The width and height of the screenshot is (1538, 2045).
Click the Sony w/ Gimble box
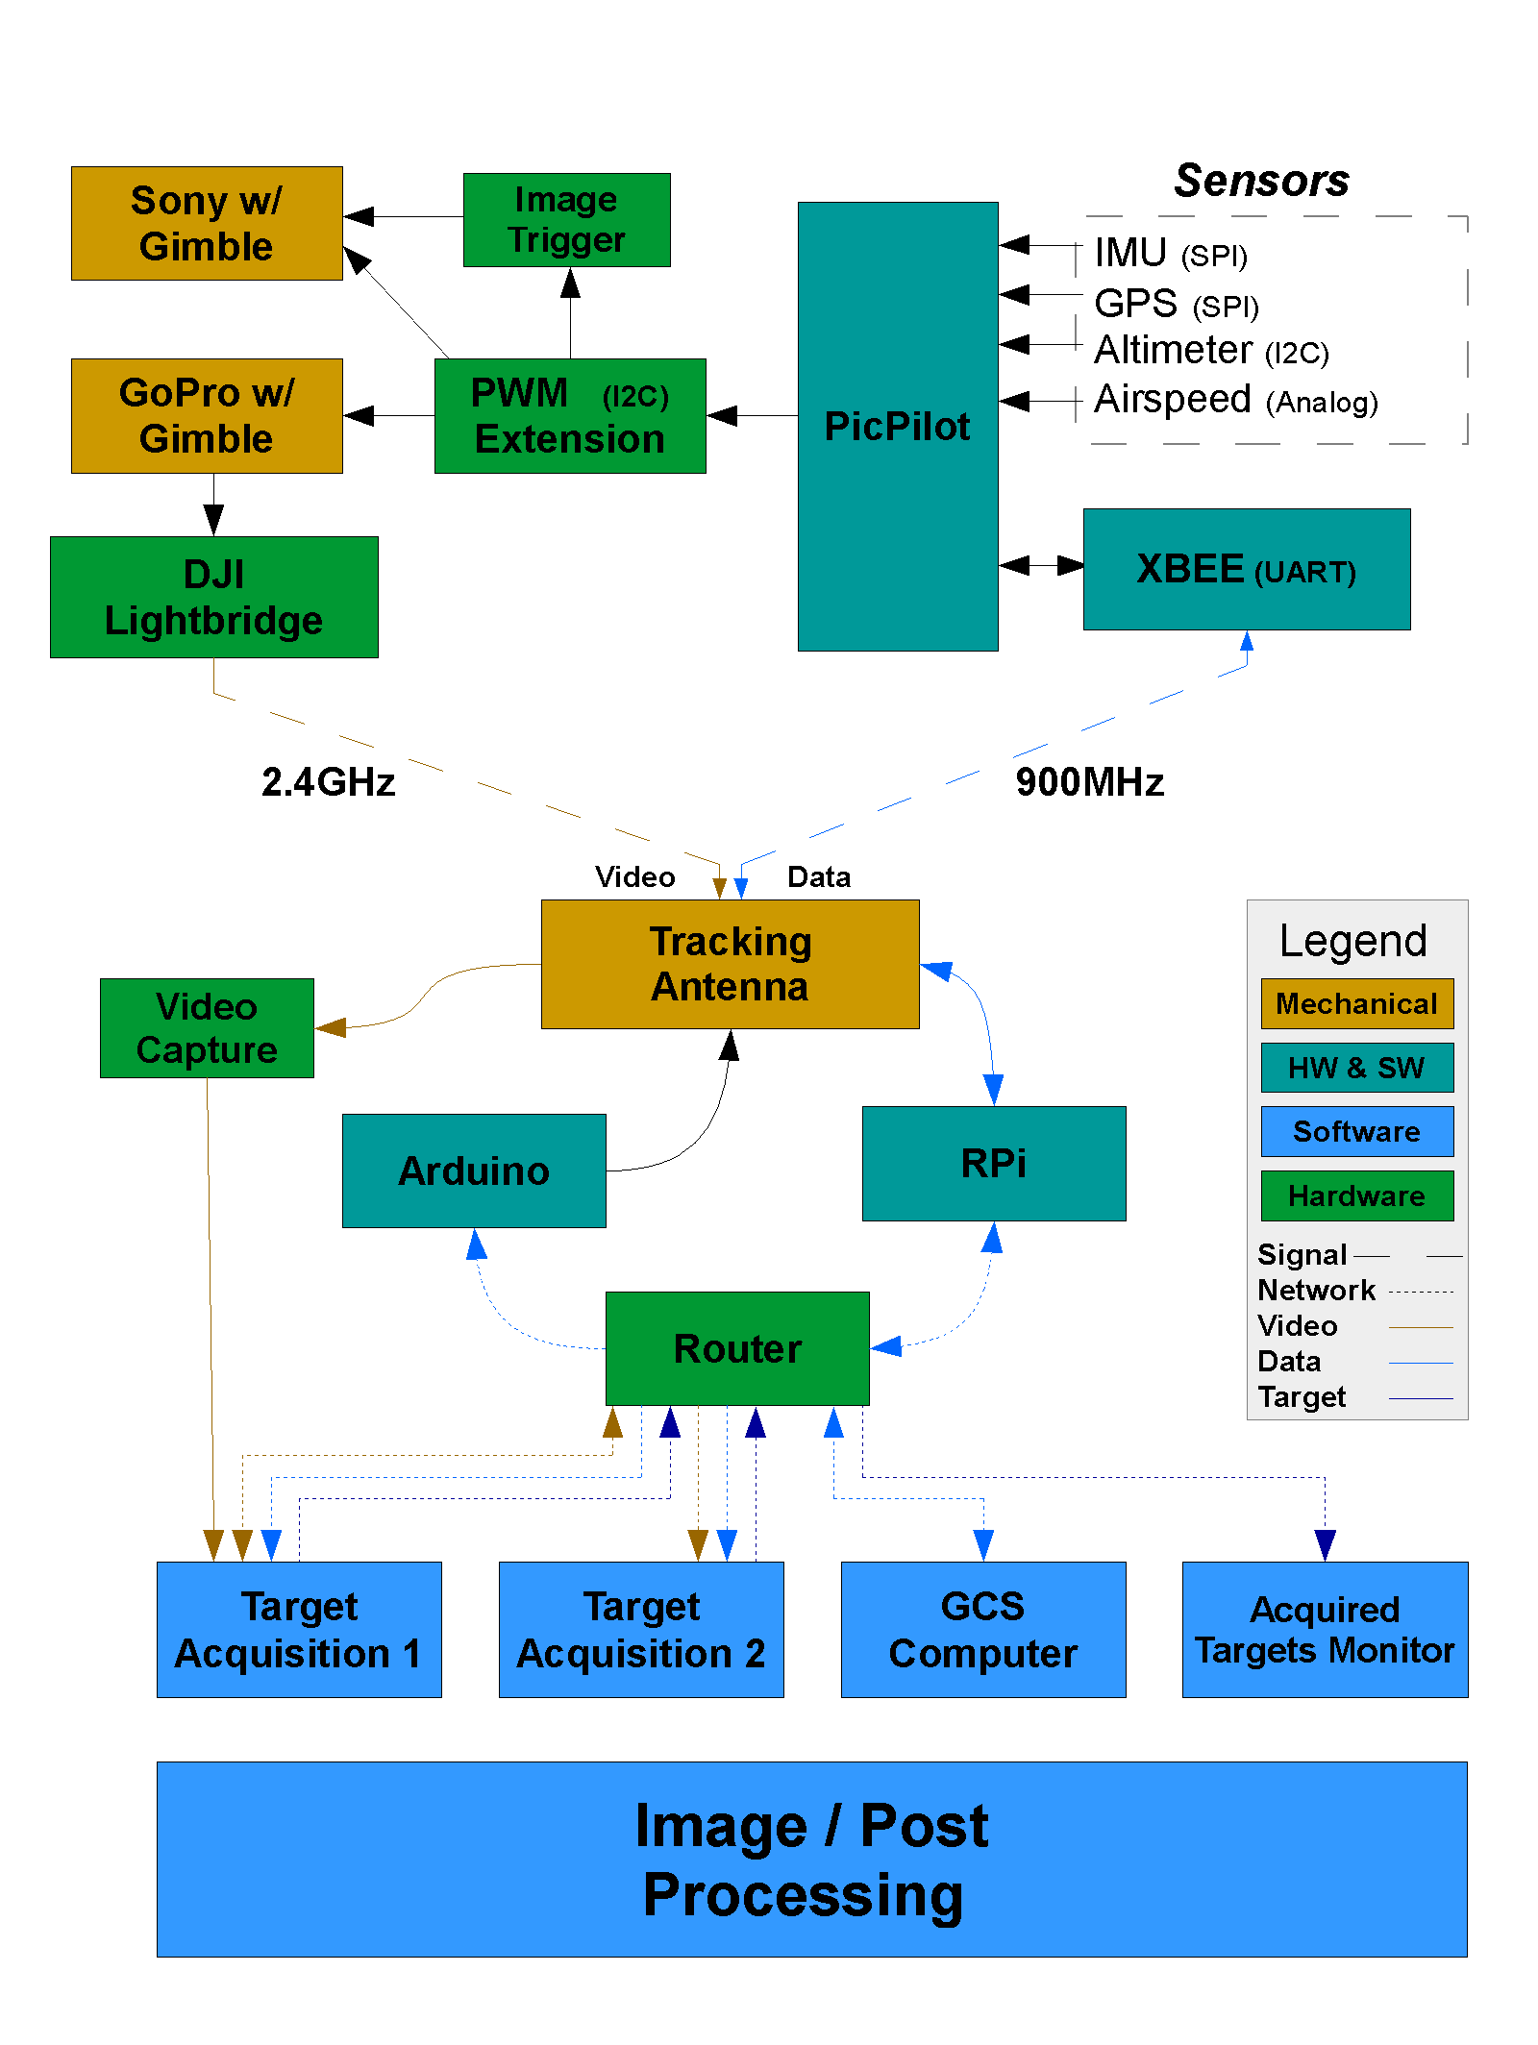tap(207, 223)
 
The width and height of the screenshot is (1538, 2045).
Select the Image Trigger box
tap(566, 220)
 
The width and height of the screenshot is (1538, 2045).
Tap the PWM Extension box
tap(570, 416)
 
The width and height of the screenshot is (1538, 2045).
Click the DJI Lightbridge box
tap(213, 597)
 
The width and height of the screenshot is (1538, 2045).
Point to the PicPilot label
tap(897, 427)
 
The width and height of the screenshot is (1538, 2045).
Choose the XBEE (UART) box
tap(1246, 569)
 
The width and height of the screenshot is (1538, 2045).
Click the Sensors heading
tap(1261, 181)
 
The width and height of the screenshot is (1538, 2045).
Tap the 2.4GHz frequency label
tap(328, 782)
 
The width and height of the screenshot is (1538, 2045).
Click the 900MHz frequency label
tap(1089, 782)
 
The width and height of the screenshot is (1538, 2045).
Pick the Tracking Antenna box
tap(730, 964)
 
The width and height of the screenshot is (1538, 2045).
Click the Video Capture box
tap(207, 1028)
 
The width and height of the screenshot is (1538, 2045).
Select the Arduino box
tap(474, 1170)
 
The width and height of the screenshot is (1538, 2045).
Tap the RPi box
tap(993, 1164)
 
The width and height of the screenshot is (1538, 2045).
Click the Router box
tap(737, 1348)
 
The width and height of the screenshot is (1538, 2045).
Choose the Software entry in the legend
tap(1356, 1132)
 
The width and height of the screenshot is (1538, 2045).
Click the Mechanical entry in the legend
tap(1356, 1004)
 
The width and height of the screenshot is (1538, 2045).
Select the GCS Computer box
tap(982, 1630)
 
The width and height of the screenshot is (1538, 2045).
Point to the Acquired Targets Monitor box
tap(1324, 1630)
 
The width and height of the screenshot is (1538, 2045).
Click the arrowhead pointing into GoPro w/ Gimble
tap(359, 416)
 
